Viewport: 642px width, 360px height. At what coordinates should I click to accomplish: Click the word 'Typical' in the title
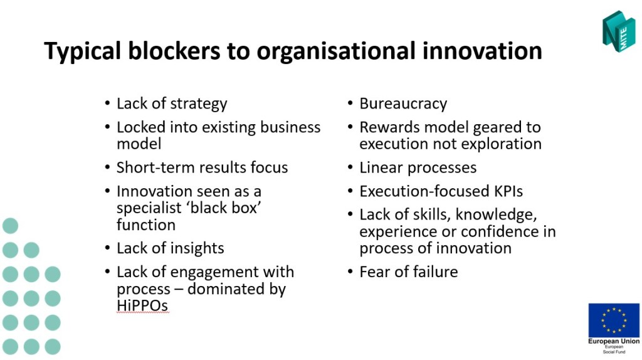(x=82, y=52)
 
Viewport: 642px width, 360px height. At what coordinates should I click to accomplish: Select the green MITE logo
(x=619, y=31)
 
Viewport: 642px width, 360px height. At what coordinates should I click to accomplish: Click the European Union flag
(x=614, y=320)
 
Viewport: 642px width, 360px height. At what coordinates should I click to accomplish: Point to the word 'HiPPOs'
(x=142, y=305)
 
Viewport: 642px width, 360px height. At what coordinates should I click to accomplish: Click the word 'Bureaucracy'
(x=403, y=104)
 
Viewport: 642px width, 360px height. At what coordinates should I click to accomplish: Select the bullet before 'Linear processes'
(x=350, y=167)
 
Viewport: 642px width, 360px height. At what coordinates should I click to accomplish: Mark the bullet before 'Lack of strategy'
(x=107, y=102)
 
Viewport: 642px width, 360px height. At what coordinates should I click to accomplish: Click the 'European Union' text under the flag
(x=614, y=341)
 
